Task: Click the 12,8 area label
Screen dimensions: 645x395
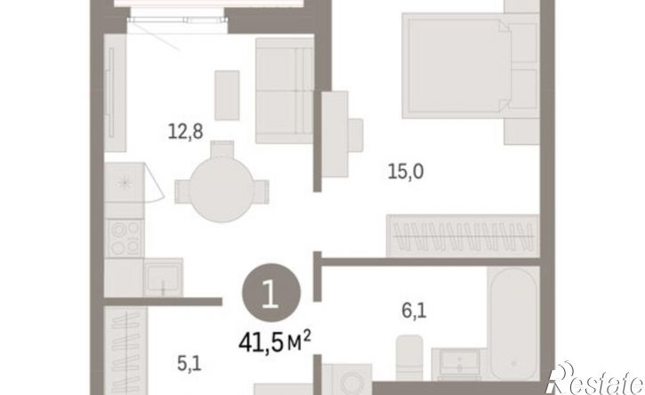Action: point(186,132)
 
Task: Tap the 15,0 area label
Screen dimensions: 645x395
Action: point(406,171)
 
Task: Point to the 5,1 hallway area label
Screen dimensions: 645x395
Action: point(189,363)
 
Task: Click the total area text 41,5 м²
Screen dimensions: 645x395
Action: point(275,343)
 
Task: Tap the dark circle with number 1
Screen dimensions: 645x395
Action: point(271,293)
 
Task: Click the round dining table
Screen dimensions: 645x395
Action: point(222,189)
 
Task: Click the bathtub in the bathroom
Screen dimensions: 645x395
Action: point(513,324)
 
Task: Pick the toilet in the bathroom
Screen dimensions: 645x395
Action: point(409,357)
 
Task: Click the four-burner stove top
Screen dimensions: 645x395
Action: point(125,238)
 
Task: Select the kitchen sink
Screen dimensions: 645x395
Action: point(163,277)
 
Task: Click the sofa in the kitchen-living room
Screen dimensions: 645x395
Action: point(284,91)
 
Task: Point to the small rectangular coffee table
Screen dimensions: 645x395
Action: point(227,95)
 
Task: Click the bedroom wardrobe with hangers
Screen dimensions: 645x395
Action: point(463,236)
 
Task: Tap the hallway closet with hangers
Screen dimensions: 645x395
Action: point(125,351)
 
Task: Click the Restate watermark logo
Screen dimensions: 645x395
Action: point(594,378)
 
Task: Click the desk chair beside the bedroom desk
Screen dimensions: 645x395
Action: point(355,134)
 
